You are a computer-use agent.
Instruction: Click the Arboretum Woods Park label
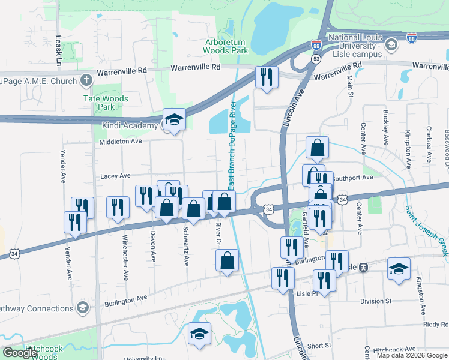click(226, 47)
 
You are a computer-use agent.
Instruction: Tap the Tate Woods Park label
click(106, 103)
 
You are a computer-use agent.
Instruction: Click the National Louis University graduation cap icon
click(391, 45)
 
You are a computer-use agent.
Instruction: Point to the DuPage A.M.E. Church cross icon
click(86, 80)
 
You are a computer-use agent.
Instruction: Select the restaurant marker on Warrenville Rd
click(265, 77)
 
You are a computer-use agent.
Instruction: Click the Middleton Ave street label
click(121, 142)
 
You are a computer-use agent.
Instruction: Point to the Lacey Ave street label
click(115, 176)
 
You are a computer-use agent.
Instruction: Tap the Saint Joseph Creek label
click(426, 232)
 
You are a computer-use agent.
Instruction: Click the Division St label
click(376, 301)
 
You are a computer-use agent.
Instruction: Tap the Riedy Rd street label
click(436, 325)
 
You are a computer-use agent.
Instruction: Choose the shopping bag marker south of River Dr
click(228, 260)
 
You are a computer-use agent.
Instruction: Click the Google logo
click(20, 353)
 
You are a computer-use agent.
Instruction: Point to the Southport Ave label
click(353, 178)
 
